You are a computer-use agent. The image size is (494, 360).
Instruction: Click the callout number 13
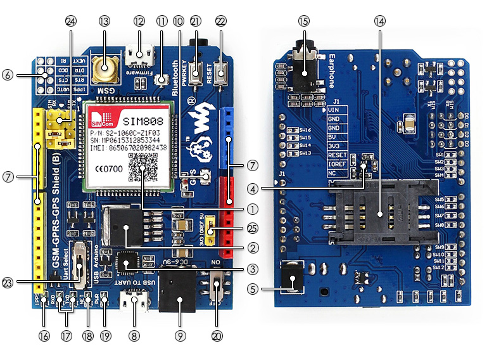point(104,21)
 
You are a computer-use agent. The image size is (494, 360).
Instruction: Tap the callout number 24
point(70,21)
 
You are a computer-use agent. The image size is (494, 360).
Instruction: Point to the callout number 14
point(379,21)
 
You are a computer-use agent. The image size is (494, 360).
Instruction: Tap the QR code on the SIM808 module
point(142,167)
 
